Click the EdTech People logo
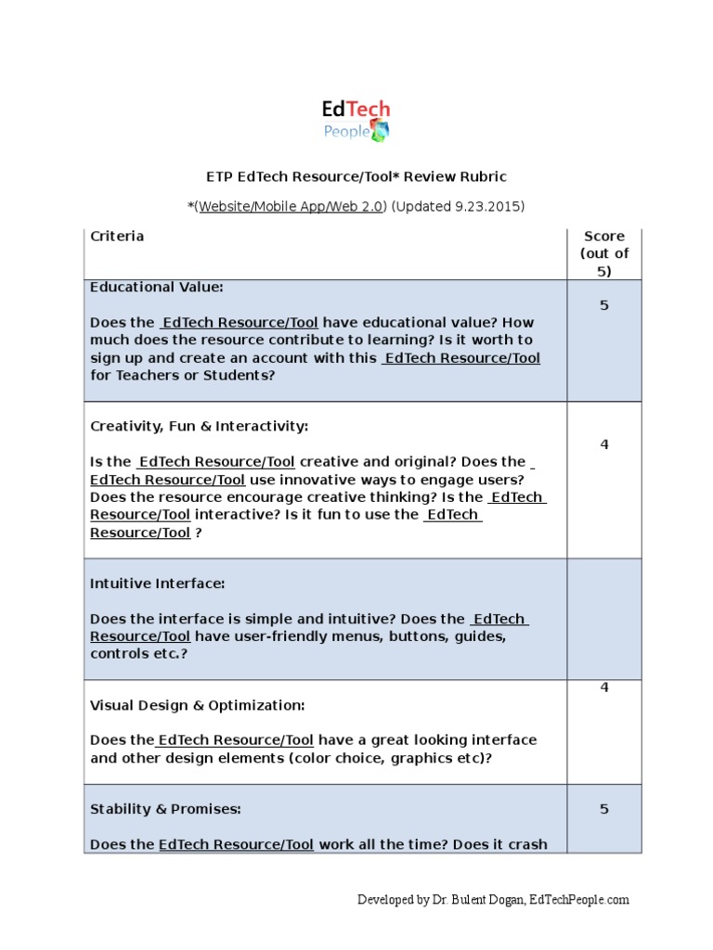(356, 121)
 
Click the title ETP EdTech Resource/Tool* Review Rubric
(356, 176)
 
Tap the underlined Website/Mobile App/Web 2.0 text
(290, 206)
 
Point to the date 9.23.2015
(486, 206)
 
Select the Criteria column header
(117, 236)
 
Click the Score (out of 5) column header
(604, 253)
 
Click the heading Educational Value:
(157, 287)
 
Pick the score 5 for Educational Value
(604, 305)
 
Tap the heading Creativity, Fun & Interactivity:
(199, 426)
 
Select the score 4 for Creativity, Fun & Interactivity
(604, 444)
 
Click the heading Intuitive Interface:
(157, 584)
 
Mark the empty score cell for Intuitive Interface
(604, 619)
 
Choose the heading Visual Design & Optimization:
(197, 705)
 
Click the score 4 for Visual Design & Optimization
(604, 687)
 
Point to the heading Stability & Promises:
(165, 809)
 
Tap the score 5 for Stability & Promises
(604, 809)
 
